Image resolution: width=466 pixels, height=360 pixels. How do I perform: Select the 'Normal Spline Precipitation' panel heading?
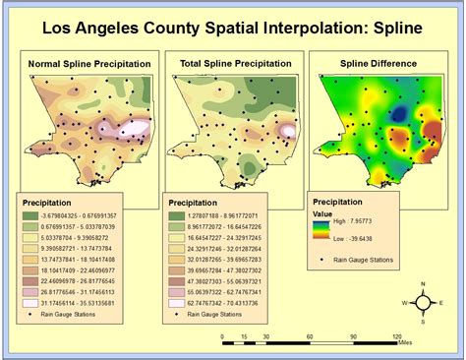pyautogui.click(x=89, y=64)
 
